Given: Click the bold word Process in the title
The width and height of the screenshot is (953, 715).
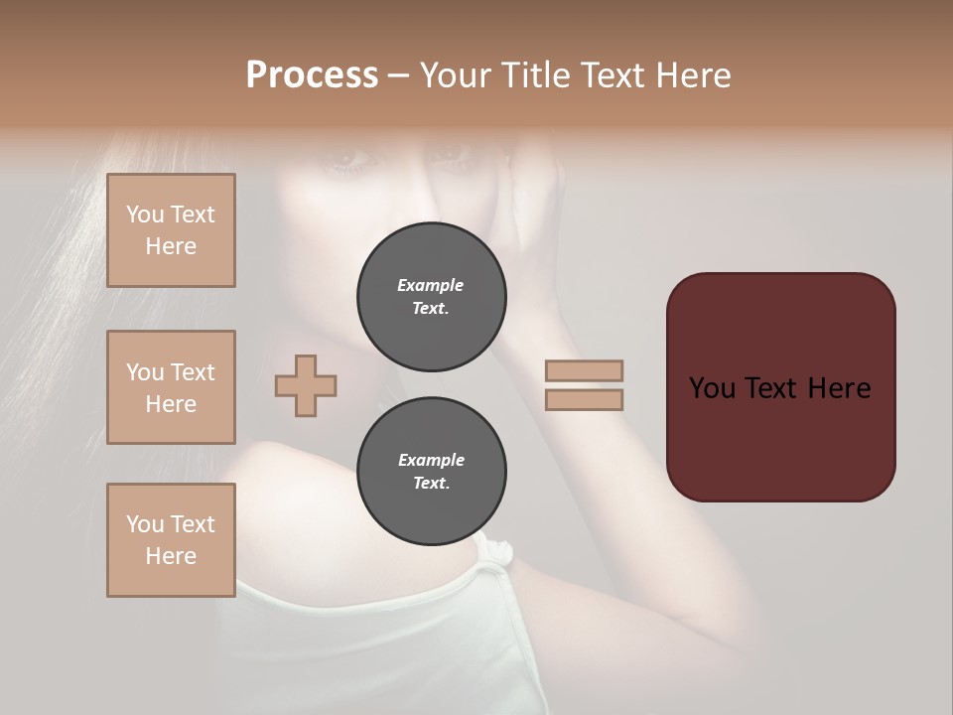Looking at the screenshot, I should pos(312,75).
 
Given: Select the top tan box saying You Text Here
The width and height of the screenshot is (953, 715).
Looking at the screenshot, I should pos(171,230).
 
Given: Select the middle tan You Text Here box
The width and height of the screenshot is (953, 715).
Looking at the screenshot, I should pos(171,387).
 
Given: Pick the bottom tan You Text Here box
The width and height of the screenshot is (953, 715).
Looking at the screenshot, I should pos(171,540).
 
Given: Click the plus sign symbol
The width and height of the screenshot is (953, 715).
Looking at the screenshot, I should pos(306,385).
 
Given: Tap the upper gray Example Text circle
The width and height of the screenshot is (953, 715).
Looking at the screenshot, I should pos(432,297).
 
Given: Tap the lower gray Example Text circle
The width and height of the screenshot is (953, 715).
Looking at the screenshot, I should pos(432,472).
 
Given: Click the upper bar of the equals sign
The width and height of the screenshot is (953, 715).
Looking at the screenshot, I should pos(584,371).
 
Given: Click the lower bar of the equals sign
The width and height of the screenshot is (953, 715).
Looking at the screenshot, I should pos(584,400).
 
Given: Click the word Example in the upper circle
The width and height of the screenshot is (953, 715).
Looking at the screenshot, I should pos(431,286).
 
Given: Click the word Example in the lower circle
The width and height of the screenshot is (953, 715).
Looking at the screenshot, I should pos(431,461).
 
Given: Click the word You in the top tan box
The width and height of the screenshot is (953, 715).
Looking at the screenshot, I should pos(144,214).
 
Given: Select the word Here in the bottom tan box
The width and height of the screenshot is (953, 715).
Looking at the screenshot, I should pos(171,556).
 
